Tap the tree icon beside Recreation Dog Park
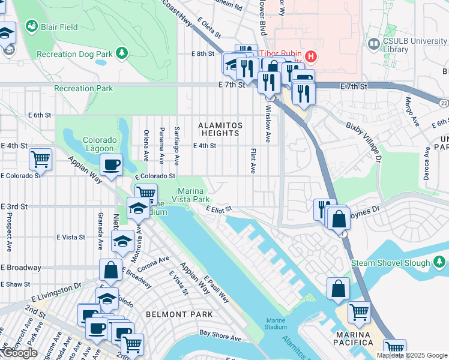122,53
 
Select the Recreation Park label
83,89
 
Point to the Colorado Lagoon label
99,145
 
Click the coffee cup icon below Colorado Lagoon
111,165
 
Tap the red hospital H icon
310,56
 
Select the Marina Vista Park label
193,194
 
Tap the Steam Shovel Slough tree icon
439,262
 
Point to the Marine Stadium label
276,323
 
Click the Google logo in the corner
20,353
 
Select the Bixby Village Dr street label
364,142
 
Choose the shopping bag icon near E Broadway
111,270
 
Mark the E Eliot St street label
218,209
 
